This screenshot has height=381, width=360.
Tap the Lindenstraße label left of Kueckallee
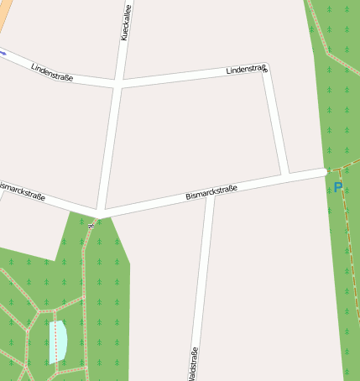(x=52, y=72)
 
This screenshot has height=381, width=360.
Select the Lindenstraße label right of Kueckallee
(x=247, y=70)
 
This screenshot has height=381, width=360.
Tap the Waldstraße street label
(x=194, y=361)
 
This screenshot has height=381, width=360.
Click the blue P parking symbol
(x=337, y=187)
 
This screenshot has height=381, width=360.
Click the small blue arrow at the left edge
(x=3, y=53)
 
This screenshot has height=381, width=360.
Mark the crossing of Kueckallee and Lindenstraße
(x=119, y=84)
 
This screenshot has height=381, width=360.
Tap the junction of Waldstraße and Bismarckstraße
(x=210, y=195)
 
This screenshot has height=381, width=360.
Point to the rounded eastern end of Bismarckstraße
(x=323, y=172)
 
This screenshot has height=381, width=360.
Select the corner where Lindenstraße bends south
(x=266, y=70)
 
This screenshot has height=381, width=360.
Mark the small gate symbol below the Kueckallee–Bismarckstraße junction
(x=91, y=224)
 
